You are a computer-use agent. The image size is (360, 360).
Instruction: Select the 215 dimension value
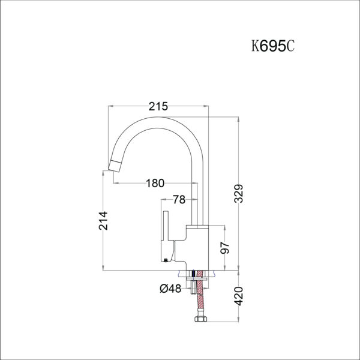click(x=157, y=106)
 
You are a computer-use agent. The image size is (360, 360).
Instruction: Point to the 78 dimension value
click(x=179, y=200)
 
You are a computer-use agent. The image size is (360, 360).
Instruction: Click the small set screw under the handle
click(x=166, y=260)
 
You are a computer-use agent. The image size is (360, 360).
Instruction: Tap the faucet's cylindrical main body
click(x=197, y=246)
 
